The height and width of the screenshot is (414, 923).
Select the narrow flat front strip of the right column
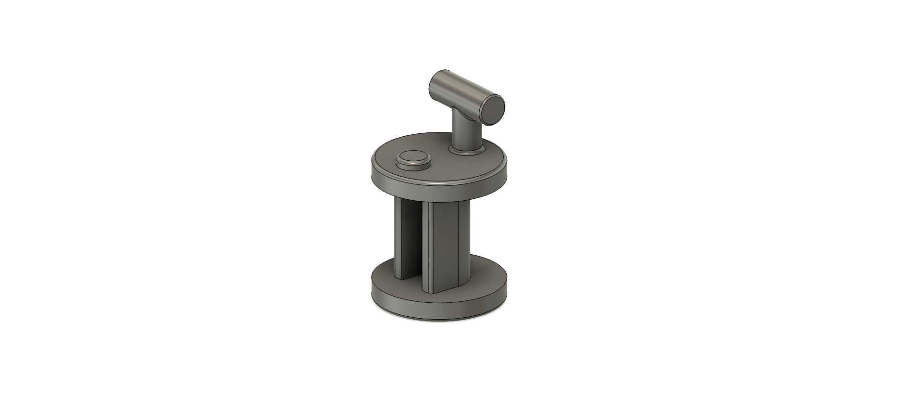click(428, 246)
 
